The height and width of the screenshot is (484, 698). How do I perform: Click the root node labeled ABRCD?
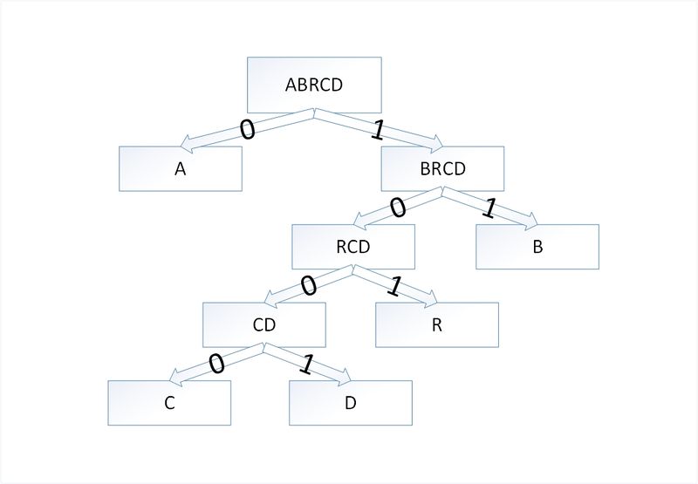point(314,85)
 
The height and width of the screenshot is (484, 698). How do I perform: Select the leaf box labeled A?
point(181,168)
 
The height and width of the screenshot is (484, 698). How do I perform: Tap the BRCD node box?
point(442,168)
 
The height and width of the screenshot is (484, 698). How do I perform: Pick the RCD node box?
point(353,247)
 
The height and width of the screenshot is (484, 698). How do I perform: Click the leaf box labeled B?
point(537,247)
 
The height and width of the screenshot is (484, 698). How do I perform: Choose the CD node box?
point(264,324)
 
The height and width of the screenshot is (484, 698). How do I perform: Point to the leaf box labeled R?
point(437,324)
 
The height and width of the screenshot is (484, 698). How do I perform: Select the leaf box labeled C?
point(169,403)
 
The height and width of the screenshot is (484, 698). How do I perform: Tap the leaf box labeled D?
point(351,403)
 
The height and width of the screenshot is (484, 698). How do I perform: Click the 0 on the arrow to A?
point(248,129)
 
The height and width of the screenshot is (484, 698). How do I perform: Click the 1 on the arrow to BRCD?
point(378,131)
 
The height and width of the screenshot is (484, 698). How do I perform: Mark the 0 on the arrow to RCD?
point(398,208)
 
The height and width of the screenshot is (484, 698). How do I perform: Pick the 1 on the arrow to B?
point(489,208)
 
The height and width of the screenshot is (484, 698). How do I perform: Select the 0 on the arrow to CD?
point(308,285)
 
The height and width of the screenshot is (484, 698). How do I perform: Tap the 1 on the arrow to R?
point(394,286)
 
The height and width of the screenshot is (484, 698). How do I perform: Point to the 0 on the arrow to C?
point(216,364)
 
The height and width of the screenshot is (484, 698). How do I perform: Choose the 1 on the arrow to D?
point(306,365)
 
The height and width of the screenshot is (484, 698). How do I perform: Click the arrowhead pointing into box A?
point(186,142)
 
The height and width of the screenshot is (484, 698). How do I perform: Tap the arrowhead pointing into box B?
point(531,221)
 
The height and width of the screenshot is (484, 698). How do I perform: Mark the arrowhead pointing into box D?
point(345,377)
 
